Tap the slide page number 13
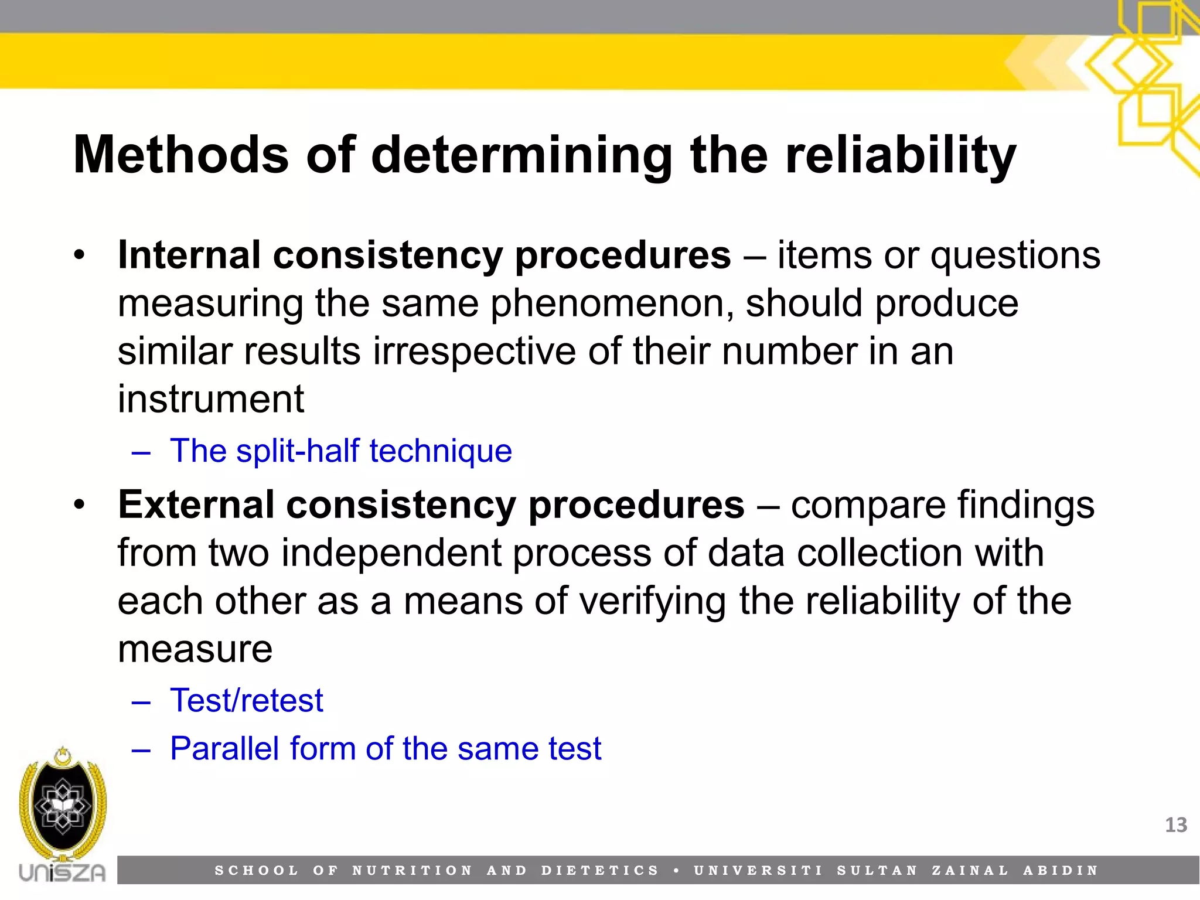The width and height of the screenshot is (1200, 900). [x=1175, y=825]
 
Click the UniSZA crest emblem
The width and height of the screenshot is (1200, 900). [x=63, y=806]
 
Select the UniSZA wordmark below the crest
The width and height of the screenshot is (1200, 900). [x=62, y=873]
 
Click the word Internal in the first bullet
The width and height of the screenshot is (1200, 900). [x=189, y=255]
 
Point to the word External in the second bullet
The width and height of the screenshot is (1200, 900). [x=196, y=505]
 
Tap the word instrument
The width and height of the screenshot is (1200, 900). [x=211, y=400]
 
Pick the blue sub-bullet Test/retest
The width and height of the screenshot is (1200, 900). [x=246, y=701]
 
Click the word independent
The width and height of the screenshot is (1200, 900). [x=391, y=553]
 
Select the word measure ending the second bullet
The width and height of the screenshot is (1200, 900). [x=195, y=649]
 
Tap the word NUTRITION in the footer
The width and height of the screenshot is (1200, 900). [x=412, y=871]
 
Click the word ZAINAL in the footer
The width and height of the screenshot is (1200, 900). [x=970, y=871]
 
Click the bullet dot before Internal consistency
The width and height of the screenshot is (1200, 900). [x=80, y=256]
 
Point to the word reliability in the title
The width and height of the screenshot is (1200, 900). [x=900, y=155]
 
